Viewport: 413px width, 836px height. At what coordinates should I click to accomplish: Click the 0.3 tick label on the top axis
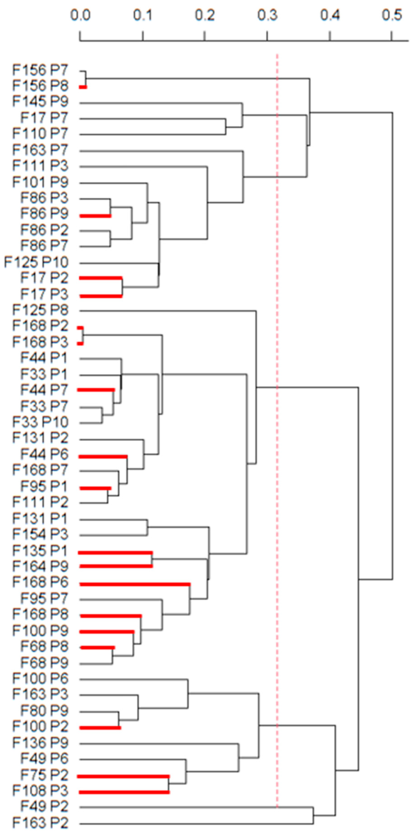tap(268, 15)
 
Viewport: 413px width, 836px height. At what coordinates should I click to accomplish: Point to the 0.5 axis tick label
tap(392, 15)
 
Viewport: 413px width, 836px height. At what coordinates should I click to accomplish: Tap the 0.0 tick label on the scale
tap(80, 15)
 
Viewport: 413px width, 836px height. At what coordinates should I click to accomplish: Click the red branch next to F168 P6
tap(135, 584)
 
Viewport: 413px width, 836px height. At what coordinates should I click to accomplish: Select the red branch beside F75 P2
tap(123, 776)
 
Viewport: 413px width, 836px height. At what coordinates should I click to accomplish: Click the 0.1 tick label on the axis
tap(143, 15)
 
